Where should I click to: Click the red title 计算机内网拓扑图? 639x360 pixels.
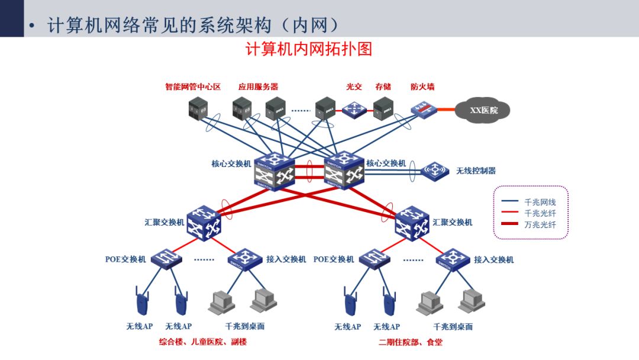(308, 49)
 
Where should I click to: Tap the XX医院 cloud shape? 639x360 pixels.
(483, 110)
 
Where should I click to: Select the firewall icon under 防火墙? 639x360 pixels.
(424, 110)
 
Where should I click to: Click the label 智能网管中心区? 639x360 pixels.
(193, 86)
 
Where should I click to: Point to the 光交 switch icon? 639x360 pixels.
(354, 109)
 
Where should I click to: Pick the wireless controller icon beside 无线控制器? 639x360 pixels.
(435, 171)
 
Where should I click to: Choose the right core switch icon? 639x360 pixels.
(344, 171)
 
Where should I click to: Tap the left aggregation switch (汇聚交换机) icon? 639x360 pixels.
(204, 223)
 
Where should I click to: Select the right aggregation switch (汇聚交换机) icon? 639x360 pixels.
(412, 223)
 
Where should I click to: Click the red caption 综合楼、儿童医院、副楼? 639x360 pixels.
(203, 342)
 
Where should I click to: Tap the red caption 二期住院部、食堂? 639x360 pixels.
(411, 342)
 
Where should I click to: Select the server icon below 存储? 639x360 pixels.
(383, 108)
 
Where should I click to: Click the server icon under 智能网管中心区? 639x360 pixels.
(198, 108)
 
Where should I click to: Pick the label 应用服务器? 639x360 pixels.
(259, 86)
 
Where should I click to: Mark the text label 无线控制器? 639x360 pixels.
(476, 171)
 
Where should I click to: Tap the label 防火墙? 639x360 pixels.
(422, 86)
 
